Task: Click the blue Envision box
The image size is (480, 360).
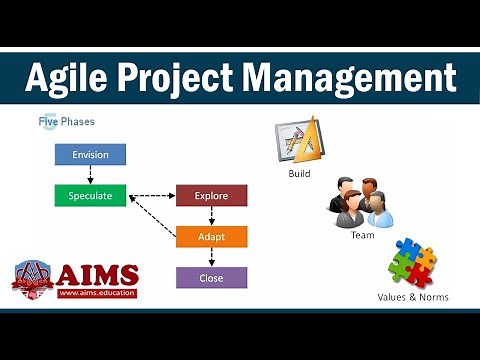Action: tap(90, 155)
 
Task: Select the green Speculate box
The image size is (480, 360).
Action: tap(90, 196)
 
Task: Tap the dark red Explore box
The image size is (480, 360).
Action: tap(211, 196)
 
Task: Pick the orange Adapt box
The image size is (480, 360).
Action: tap(211, 237)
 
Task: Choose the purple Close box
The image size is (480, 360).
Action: tap(211, 277)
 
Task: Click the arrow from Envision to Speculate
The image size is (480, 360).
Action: tap(90, 175)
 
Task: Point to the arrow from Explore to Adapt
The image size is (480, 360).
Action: tap(211, 217)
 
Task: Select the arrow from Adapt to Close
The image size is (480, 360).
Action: tap(211, 257)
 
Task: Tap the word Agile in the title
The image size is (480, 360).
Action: tap(67, 77)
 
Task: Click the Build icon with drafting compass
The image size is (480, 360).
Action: tap(298, 141)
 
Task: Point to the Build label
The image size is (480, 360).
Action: tap(299, 173)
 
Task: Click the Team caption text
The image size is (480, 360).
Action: tap(362, 236)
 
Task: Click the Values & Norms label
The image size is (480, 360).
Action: tap(413, 297)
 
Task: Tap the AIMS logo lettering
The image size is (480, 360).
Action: tap(98, 273)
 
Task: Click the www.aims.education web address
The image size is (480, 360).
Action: tap(97, 293)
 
